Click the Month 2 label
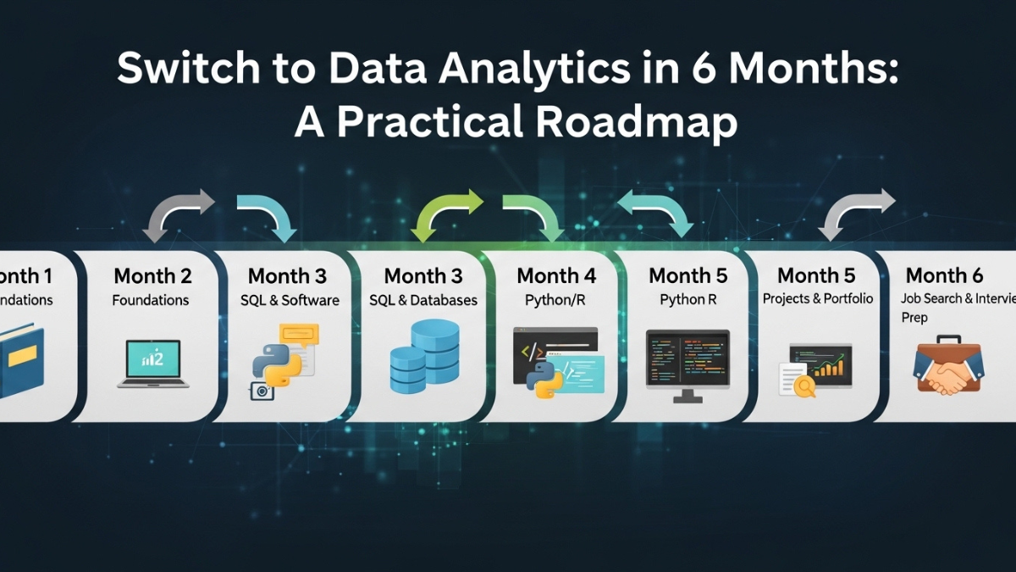point(152,276)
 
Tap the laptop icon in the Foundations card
point(153,364)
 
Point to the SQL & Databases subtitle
point(422,300)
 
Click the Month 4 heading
point(556,276)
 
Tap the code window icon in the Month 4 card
point(559,360)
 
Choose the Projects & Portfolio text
point(818,299)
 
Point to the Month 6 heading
point(944,275)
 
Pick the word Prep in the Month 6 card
point(914,318)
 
